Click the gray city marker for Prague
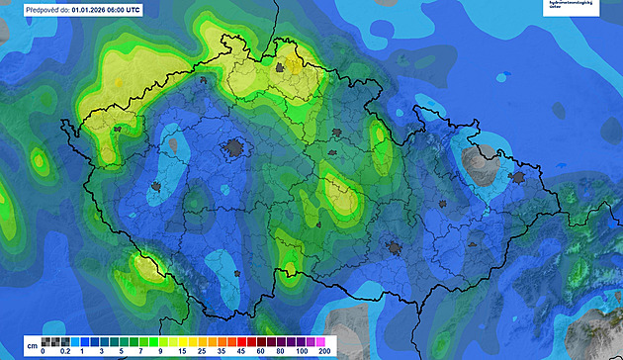coord(235,148)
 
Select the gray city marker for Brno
coord(395,249)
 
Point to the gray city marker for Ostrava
coord(514,178)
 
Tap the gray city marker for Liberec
coord(281,68)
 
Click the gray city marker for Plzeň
coord(156,186)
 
